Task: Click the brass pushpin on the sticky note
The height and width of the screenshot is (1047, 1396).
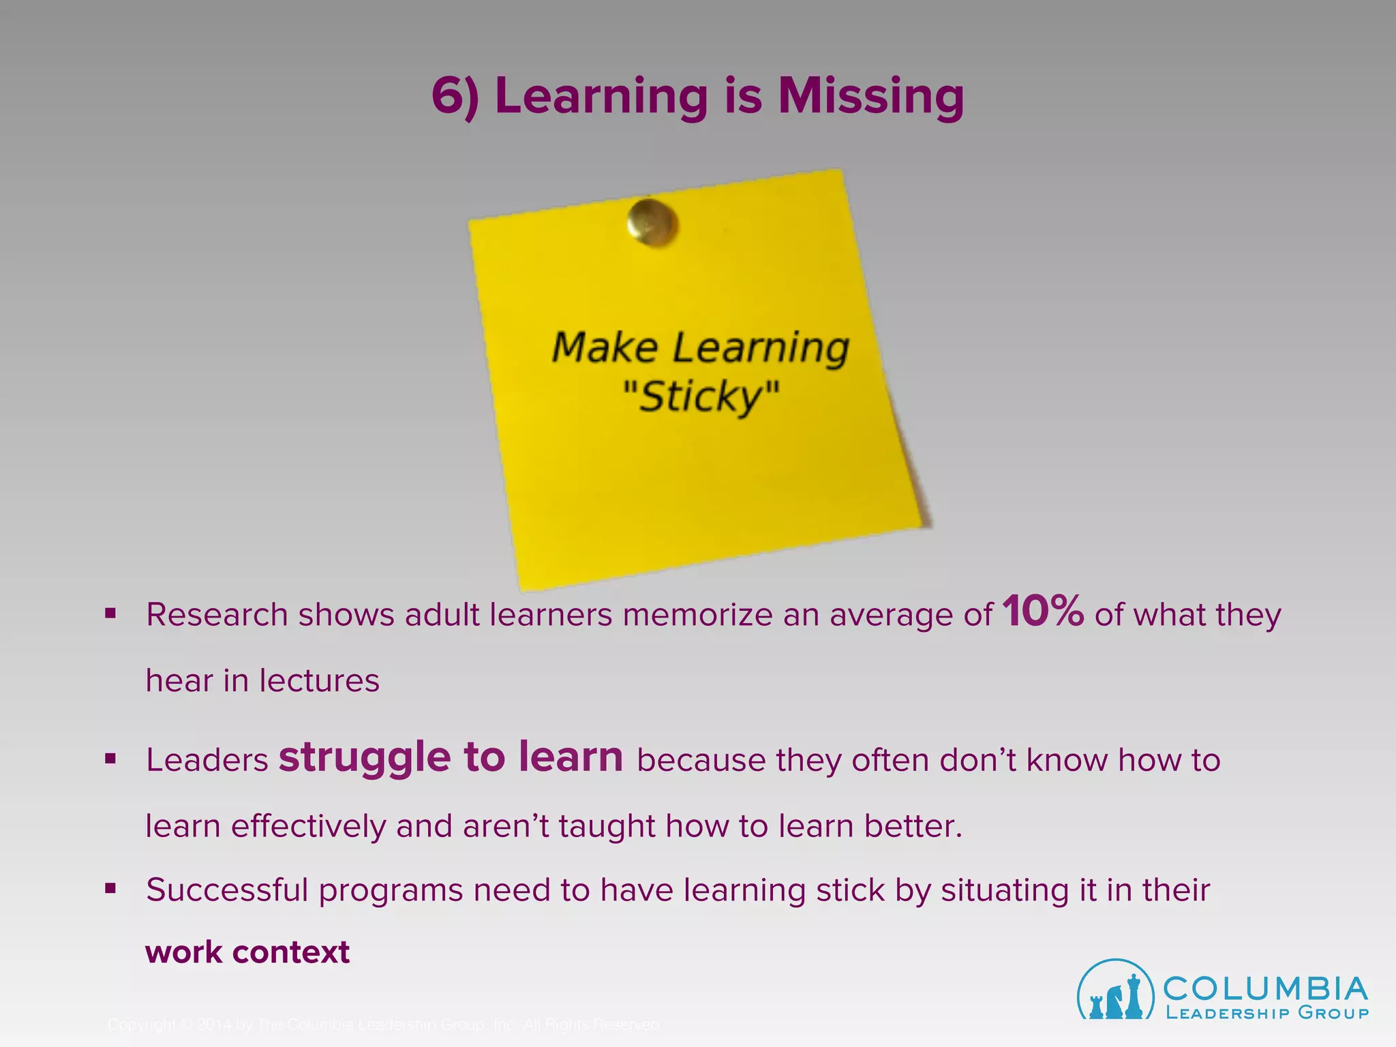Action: (x=652, y=222)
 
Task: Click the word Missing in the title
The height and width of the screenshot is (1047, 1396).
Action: (x=870, y=96)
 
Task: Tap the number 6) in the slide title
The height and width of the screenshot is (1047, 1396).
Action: (x=455, y=96)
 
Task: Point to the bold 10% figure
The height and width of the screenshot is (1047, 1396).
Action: (x=1043, y=611)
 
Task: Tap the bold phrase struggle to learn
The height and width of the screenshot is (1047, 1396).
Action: (x=451, y=757)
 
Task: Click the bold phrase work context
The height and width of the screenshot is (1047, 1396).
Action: (x=247, y=952)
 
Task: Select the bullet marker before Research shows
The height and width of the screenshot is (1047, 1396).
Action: (x=110, y=613)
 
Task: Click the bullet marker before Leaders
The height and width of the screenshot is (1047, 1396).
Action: (x=110, y=759)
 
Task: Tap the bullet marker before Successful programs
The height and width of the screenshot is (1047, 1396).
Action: (x=110, y=889)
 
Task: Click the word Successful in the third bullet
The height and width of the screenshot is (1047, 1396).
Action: (x=227, y=890)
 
